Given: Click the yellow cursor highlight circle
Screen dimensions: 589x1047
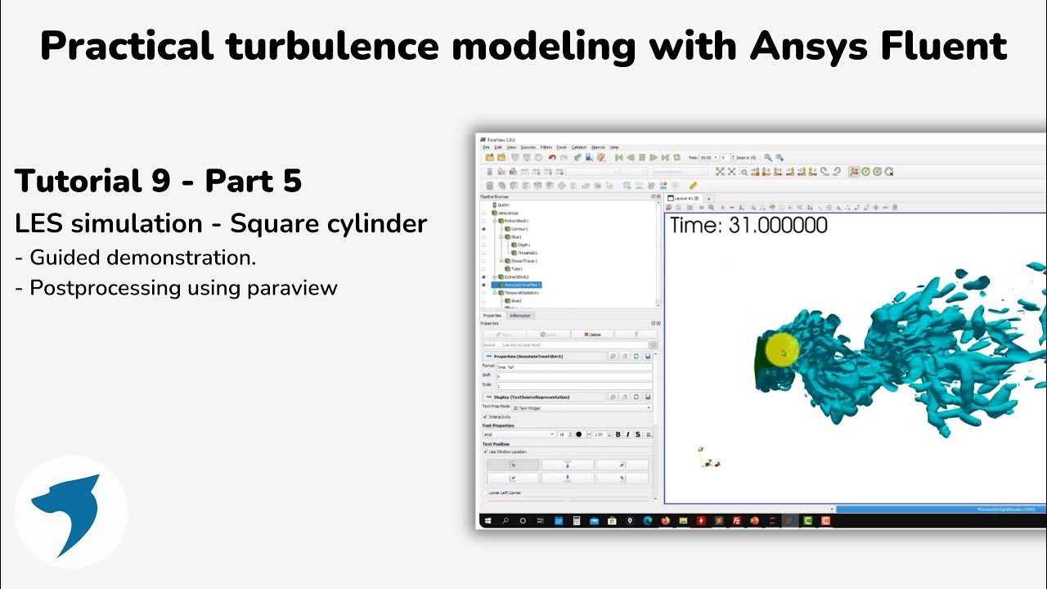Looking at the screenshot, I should (781, 352).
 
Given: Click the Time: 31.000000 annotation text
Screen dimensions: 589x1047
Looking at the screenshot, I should (748, 226).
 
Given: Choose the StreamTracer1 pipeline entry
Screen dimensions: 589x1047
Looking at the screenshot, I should (522, 261).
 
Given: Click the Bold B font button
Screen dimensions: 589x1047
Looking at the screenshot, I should (618, 434).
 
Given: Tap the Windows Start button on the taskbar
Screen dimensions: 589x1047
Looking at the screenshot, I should (488, 520).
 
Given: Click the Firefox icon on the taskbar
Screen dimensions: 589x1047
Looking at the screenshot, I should (664, 520).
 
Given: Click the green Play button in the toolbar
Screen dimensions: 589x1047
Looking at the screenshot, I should (654, 157).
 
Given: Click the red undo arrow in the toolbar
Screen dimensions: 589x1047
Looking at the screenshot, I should (552, 157).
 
